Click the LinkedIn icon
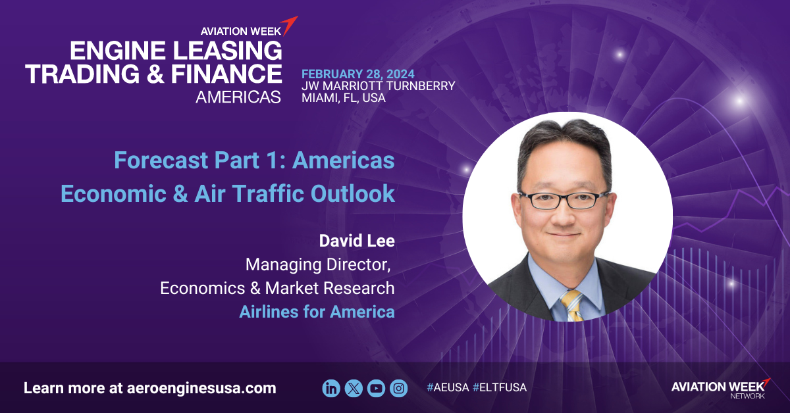point(331,388)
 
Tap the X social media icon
point(354,388)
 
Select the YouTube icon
point(377,388)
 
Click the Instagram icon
point(399,388)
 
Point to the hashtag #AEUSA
point(448,387)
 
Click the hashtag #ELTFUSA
point(500,387)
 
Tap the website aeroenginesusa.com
point(201,388)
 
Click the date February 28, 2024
point(358,74)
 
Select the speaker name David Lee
point(357,241)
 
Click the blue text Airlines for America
point(317,312)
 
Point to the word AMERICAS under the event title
point(238,97)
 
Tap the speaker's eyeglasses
point(564,200)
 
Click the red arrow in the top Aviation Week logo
point(290,26)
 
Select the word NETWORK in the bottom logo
point(747,396)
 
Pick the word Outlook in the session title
point(353,193)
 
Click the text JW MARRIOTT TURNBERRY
point(379,86)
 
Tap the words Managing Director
point(318,265)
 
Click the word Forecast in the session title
point(161,160)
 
